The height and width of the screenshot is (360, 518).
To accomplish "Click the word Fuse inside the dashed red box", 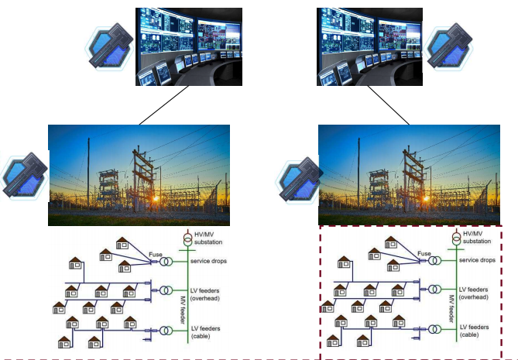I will [424, 253].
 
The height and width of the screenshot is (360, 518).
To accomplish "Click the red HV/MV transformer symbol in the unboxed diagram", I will [186, 238].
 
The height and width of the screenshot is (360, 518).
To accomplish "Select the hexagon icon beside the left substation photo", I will [24, 177].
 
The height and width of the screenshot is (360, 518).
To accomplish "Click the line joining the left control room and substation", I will [163, 105].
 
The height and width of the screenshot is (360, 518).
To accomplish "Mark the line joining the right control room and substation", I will [388, 105].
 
